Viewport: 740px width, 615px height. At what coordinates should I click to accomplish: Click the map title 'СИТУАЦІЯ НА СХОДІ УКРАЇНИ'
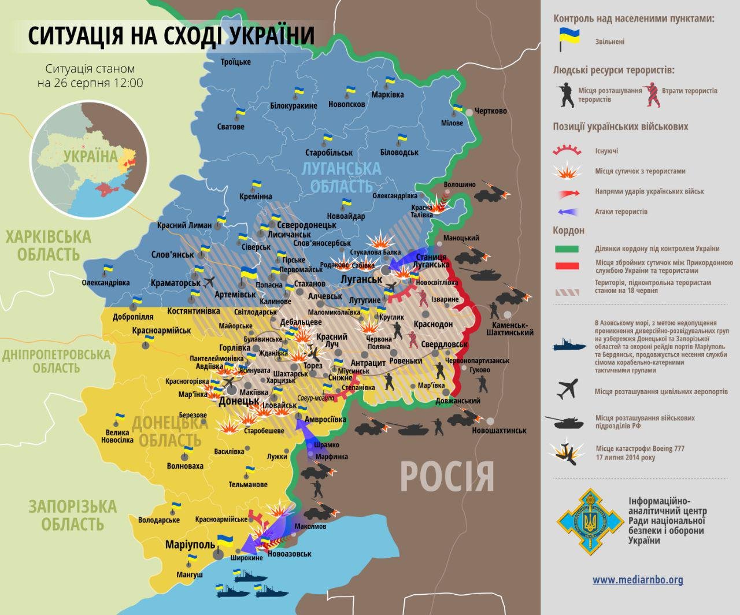171,35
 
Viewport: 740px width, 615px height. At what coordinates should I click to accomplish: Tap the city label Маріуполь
190,544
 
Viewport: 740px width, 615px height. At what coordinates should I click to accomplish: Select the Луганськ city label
361,279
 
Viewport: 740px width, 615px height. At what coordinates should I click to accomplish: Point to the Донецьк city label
239,401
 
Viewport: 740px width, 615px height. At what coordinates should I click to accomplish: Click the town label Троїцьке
236,62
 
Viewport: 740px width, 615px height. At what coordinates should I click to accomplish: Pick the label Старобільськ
329,153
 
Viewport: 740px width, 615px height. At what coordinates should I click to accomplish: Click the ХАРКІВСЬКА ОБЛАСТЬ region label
49,246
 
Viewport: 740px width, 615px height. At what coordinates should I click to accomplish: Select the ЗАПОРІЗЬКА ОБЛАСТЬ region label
73,515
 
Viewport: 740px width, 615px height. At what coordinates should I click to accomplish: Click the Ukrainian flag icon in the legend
569,39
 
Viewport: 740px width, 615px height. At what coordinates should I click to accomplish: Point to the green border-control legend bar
567,249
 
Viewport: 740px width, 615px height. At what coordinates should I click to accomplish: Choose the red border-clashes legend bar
567,266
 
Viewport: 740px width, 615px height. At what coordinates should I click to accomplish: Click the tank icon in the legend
568,422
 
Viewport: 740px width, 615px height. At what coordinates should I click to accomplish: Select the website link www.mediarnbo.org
638,580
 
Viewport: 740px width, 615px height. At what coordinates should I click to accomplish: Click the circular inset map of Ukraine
89,161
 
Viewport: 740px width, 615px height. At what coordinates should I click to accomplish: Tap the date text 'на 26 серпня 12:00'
90,83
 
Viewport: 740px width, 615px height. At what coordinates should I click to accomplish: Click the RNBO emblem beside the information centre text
590,521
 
